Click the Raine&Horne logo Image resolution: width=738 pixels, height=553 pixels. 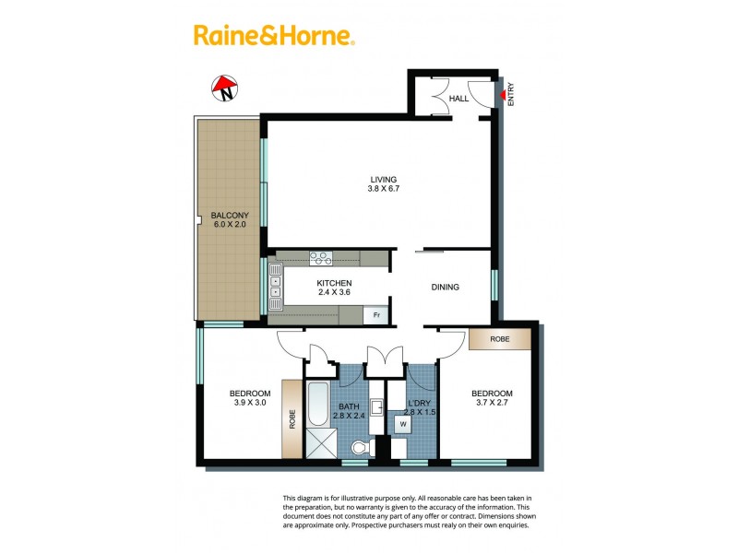[x=274, y=36]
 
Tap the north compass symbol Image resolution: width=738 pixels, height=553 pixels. [x=224, y=88]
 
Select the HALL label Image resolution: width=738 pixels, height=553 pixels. [x=458, y=98]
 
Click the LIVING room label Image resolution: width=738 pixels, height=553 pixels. [x=384, y=179]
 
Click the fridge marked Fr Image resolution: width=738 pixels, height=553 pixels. [x=375, y=315]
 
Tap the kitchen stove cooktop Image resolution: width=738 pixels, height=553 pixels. [x=321, y=259]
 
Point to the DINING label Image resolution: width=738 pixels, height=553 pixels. [x=445, y=288]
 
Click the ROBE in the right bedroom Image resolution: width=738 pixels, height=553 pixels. [x=499, y=339]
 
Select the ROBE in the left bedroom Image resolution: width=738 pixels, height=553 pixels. [x=292, y=419]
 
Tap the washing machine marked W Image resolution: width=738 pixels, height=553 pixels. [x=403, y=425]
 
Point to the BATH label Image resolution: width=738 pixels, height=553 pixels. [x=349, y=406]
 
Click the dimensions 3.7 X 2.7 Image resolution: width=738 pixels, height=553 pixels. [x=494, y=404]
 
